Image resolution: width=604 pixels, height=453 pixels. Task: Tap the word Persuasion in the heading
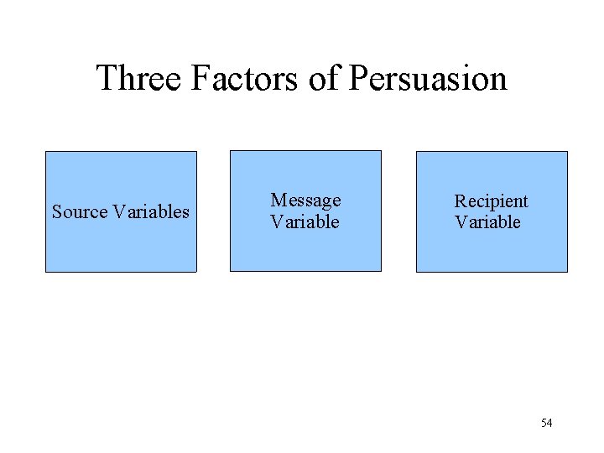click(x=427, y=78)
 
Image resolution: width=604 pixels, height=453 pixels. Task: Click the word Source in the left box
click(x=80, y=211)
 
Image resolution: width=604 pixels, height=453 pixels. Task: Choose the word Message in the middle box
click(x=305, y=200)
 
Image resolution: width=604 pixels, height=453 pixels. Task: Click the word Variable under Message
click(x=305, y=222)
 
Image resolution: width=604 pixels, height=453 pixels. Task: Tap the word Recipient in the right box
click(x=491, y=201)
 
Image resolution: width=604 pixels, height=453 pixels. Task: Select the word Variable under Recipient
click(x=487, y=222)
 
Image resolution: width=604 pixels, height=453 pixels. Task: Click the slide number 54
click(x=546, y=423)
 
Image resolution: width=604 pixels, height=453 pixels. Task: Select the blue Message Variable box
click(x=305, y=248)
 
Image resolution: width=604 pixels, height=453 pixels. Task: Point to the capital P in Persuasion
click(x=357, y=78)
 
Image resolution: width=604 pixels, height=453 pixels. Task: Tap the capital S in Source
click(x=57, y=211)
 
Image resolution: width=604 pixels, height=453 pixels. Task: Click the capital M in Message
click(x=278, y=200)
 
